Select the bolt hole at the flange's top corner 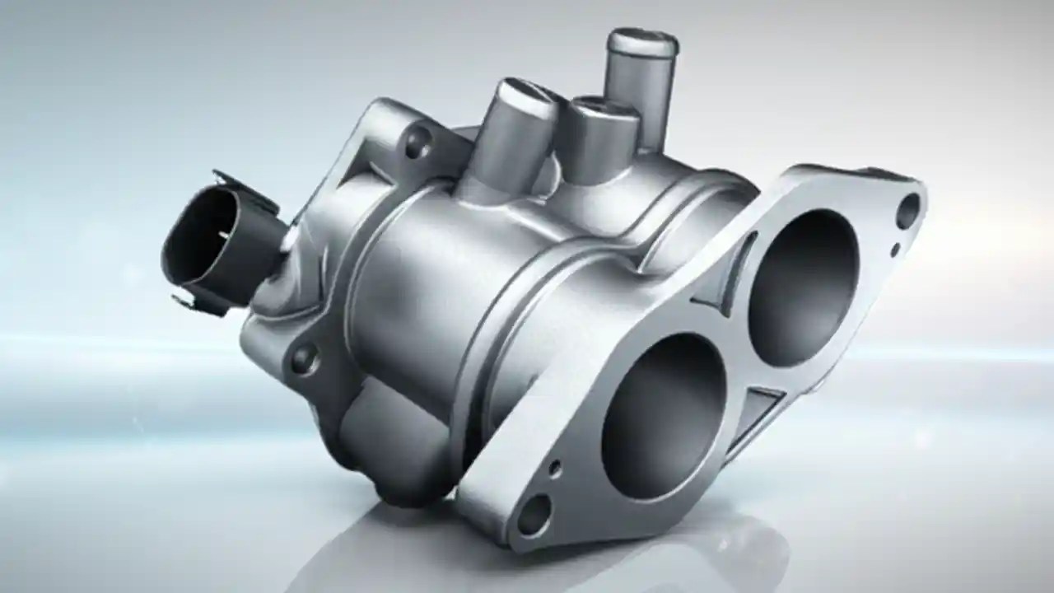(x=907, y=211)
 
